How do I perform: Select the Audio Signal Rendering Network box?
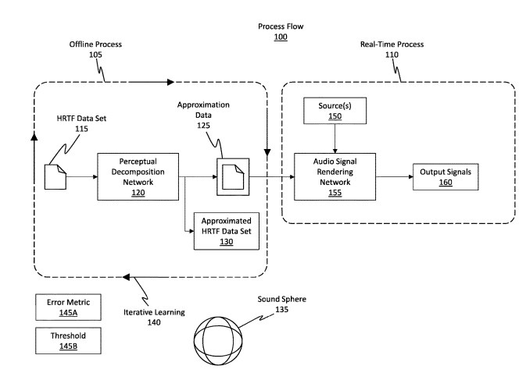335,176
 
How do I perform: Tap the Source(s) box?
335,109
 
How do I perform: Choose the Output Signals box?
445,176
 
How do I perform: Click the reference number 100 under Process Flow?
280,37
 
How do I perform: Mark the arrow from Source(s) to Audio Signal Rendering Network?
335,137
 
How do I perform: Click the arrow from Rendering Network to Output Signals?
392,176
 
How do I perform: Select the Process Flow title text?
281,27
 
